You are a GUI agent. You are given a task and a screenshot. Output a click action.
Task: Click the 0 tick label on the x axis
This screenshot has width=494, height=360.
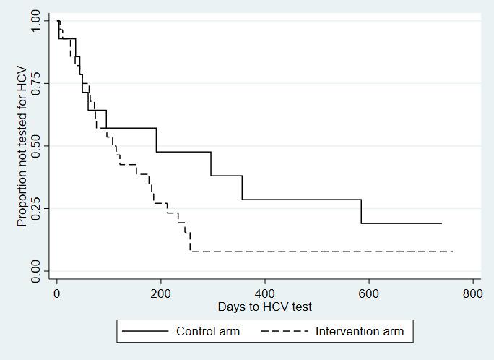click(57, 293)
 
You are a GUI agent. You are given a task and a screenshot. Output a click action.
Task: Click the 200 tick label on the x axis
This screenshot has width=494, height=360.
click(161, 293)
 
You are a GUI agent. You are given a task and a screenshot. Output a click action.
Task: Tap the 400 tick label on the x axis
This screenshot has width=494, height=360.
click(265, 293)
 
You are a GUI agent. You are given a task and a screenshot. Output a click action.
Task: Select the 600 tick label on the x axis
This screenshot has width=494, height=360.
click(369, 293)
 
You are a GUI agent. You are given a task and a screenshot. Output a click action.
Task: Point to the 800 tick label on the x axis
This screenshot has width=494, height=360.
click(473, 293)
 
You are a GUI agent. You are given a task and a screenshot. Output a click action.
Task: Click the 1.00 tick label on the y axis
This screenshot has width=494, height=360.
click(37, 22)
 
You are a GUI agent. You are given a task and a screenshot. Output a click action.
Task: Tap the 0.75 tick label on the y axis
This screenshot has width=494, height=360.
click(37, 84)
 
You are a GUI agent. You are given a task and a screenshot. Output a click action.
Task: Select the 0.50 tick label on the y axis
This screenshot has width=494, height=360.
click(37, 146)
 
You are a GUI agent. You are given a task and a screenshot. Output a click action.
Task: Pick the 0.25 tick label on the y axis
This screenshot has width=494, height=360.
click(37, 209)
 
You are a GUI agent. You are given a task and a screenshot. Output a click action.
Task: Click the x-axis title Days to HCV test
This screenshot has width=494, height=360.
click(265, 307)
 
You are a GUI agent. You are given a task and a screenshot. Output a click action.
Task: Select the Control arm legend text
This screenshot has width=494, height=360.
click(208, 332)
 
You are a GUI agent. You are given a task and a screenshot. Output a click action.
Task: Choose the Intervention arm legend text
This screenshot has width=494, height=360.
click(360, 332)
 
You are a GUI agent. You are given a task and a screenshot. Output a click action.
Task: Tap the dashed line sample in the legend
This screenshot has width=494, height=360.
click(285, 332)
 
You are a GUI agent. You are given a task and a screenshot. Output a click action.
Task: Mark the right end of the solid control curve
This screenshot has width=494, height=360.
click(441, 223)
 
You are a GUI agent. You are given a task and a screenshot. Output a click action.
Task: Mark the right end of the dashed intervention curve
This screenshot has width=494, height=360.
click(453, 252)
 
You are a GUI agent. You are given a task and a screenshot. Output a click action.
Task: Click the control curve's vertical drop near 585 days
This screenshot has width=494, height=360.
click(361, 211)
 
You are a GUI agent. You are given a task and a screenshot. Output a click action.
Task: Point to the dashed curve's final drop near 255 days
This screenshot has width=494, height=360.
click(190, 243)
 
